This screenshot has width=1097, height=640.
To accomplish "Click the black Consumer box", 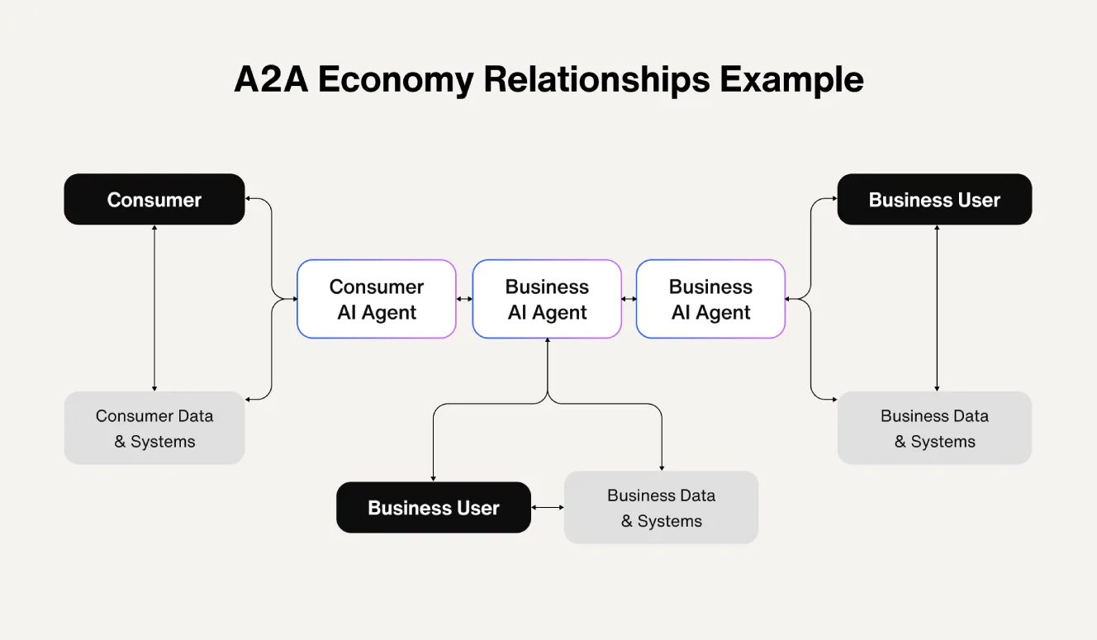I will [x=154, y=200].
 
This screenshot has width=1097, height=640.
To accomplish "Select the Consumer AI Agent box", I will [x=376, y=299].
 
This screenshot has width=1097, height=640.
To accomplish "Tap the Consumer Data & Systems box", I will [x=154, y=428].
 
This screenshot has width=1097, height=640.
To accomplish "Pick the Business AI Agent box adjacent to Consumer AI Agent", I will [x=547, y=299].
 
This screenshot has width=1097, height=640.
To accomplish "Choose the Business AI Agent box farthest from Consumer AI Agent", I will [x=710, y=299].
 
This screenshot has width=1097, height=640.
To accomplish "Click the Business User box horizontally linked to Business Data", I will [x=434, y=507].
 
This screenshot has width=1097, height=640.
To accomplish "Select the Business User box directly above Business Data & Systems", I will [x=934, y=200].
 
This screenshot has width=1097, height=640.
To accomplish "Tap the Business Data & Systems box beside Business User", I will [x=661, y=507].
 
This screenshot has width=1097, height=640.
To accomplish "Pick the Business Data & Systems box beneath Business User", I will [x=934, y=428].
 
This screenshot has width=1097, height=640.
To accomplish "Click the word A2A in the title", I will [x=271, y=80].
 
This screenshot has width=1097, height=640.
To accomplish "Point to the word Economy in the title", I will [x=396, y=80].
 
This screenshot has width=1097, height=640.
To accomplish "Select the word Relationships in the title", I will [x=596, y=80].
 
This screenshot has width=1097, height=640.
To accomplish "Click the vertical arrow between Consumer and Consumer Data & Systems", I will [x=154, y=307].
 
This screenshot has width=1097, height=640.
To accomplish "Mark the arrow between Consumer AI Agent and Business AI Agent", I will [x=464, y=299].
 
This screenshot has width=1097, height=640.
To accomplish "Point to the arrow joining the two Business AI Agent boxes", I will [x=629, y=299].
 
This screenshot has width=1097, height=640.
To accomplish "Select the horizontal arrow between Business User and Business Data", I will [x=548, y=507].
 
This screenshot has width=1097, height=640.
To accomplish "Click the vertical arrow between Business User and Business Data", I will [x=936, y=307].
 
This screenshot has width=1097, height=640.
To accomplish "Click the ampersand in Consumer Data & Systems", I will [x=120, y=442].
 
